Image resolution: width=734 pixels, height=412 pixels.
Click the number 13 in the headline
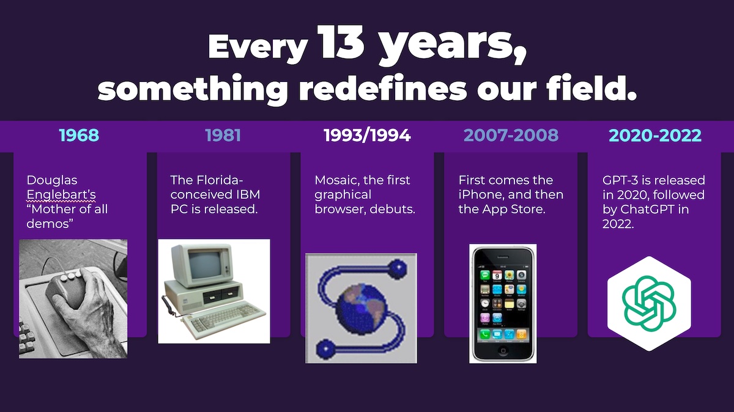pyautogui.click(x=341, y=43)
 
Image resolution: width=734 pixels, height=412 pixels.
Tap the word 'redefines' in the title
pyautogui.click(x=382, y=89)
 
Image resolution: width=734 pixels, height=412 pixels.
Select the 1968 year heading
pyautogui.click(x=79, y=135)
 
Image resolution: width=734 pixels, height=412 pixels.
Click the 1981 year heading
pyautogui.click(x=223, y=135)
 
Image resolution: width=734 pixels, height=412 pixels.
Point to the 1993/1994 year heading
pyautogui.click(x=367, y=135)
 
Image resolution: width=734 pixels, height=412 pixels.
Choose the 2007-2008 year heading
pyautogui.click(x=511, y=135)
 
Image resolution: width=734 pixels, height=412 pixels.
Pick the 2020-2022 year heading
pyautogui.click(x=655, y=135)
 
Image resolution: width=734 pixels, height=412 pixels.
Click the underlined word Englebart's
pyautogui.click(x=61, y=194)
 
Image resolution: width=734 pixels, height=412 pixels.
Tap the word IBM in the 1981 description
pyautogui.click(x=248, y=194)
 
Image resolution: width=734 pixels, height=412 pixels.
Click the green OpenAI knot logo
pyautogui.click(x=649, y=304)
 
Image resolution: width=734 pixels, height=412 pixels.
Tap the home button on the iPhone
pyautogui.click(x=503, y=350)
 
